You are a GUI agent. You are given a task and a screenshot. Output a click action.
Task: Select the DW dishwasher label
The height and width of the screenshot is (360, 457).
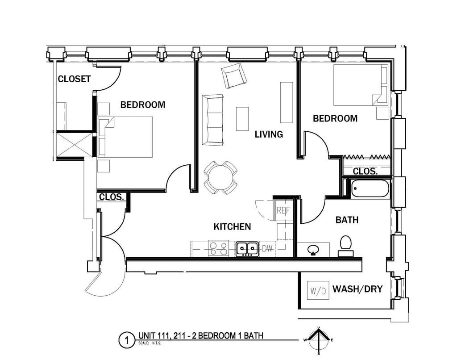(x=267, y=248)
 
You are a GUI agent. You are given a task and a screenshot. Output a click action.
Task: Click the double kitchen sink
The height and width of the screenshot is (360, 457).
(x=247, y=248)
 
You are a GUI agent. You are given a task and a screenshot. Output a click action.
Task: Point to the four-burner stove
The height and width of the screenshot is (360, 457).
(x=218, y=248)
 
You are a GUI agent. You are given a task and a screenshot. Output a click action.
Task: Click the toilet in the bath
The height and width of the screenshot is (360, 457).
(x=345, y=246)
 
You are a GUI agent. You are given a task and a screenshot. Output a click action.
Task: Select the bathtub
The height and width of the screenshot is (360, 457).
(x=370, y=188)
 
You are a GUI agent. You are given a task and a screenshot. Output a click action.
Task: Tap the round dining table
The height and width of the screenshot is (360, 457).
(x=220, y=177)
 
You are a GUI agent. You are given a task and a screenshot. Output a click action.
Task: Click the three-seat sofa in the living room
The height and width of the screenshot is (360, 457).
(x=212, y=120)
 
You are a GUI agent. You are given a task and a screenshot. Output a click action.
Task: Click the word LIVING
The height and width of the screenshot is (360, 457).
(x=269, y=134)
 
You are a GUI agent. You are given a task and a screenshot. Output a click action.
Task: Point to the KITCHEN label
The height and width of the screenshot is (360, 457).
(x=232, y=227)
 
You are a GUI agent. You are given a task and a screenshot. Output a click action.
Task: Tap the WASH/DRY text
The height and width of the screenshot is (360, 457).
(x=357, y=289)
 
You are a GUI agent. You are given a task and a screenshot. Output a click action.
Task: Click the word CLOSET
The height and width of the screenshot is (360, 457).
(x=74, y=79)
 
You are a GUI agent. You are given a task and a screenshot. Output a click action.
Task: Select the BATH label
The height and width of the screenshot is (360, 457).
(x=347, y=220)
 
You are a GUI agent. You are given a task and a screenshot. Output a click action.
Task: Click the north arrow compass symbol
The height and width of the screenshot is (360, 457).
(x=319, y=340)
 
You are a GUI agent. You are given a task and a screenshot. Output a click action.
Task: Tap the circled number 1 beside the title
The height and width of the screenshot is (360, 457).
(x=126, y=341)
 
